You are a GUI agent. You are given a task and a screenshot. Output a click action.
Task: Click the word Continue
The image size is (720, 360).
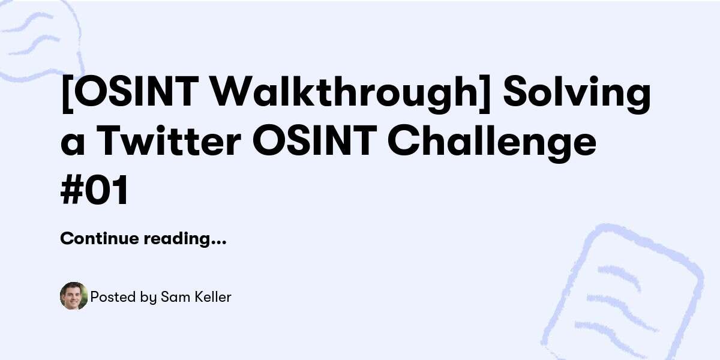click(99, 239)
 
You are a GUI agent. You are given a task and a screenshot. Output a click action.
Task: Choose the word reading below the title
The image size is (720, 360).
click(176, 239)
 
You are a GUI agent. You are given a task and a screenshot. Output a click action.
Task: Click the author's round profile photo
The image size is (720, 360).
click(74, 296)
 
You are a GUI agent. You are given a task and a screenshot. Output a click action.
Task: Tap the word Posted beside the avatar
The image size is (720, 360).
click(108, 296)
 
